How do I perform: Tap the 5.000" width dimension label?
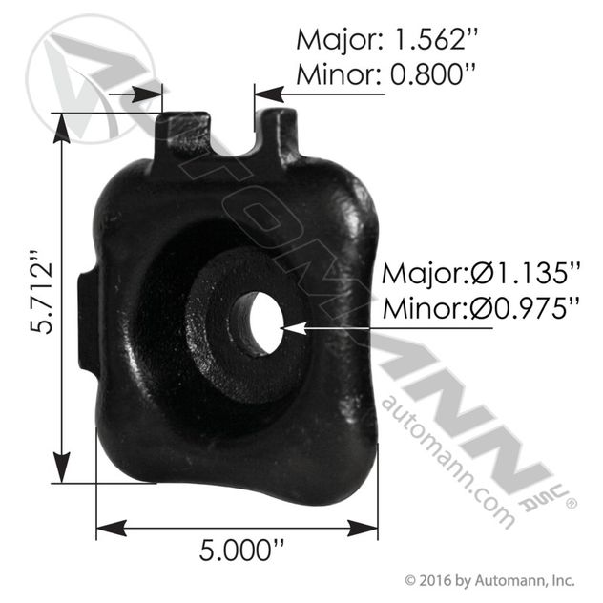(242, 551)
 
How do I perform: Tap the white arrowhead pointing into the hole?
(294, 328)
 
